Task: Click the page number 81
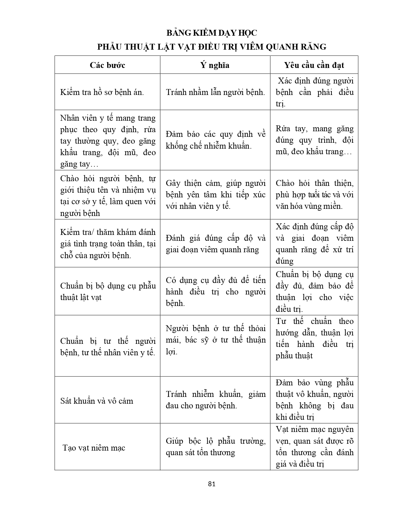click(x=212, y=484)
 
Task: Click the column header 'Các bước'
click(x=107, y=65)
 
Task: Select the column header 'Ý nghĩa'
click(x=215, y=65)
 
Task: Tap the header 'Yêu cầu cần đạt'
click(x=314, y=65)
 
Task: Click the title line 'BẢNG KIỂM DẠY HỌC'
click(x=212, y=33)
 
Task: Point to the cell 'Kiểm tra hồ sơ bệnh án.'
click(x=102, y=92)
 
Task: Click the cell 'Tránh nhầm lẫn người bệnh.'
click(x=215, y=92)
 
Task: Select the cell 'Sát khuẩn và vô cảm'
click(x=97, y=401)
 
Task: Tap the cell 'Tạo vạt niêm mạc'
click(x=94, y=448)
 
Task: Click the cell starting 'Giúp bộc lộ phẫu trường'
click(x=215, y=447)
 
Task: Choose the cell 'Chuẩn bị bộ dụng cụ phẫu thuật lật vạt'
click(x=107, y=292)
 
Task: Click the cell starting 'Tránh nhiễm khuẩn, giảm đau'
click(x=215, y=400)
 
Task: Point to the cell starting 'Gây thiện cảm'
click(x=215, y=195)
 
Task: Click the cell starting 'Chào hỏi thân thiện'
click(x=314, y=195)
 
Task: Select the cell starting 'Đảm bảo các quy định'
click(x=215, y=140)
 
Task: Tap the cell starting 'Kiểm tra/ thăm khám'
click(x=107, y=244)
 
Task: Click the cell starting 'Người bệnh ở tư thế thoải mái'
click(x=215, y=340)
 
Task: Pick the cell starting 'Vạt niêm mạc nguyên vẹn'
click(x=314, y=447)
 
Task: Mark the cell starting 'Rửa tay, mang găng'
click(x=314, y=140)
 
